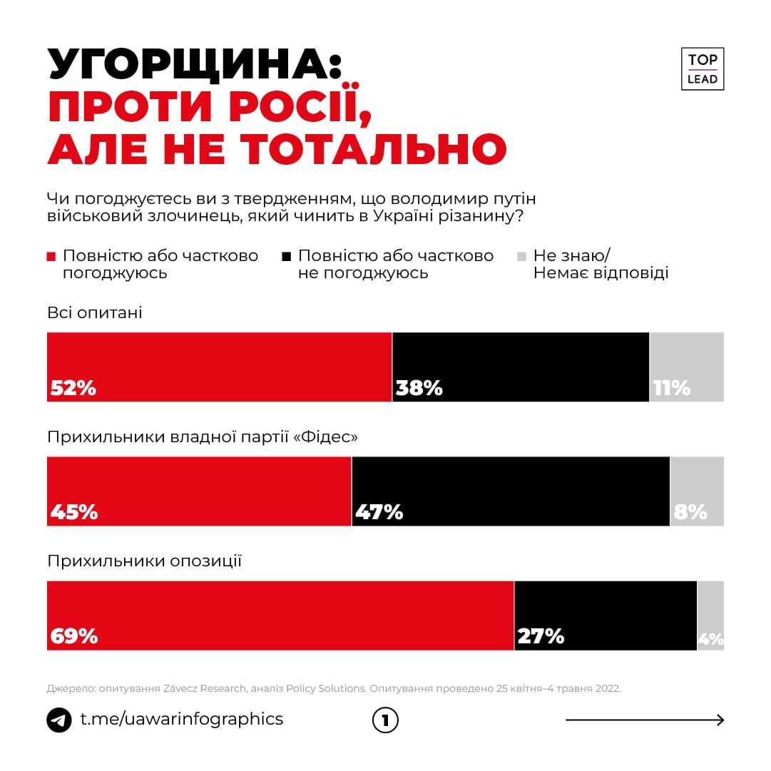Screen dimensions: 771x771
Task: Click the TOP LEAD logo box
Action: click(703, 69)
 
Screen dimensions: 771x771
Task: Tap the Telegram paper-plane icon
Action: click(59, 720)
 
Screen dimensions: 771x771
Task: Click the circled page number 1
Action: click(385, 720)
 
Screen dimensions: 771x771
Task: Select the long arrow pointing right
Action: click(645, 720)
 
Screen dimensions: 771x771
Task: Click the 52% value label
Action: click(73, 388)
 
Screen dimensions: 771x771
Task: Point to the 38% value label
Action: click(419, 388)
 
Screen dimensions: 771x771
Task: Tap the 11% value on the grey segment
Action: click(672, 388)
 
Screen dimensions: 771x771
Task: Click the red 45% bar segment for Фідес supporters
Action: click(199, 491)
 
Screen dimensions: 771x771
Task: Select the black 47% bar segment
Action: click(511, 491)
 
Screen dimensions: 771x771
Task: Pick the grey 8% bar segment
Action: click(697, 491)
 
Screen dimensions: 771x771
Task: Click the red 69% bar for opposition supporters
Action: click(280, 616)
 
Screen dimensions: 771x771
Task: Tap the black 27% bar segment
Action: click(606, 616)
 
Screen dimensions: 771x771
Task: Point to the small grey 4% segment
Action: click(710, 616)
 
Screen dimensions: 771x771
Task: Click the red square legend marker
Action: click(51, 256)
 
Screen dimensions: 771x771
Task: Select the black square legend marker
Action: click(287, 256)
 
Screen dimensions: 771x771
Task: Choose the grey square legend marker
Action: click(521, 256)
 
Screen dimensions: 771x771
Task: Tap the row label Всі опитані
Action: click(95, 313)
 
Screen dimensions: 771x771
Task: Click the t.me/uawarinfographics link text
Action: click(181, 719)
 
